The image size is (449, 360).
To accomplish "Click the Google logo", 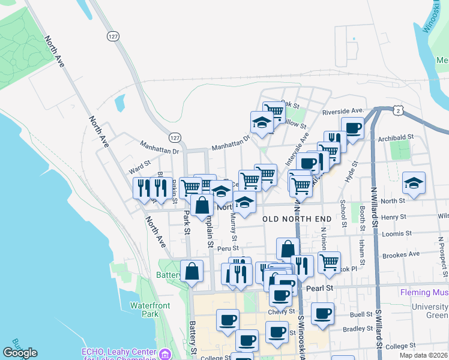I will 20,353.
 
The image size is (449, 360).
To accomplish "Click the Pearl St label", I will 319,288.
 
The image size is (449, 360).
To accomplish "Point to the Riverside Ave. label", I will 343,111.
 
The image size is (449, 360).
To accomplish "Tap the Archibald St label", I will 396,137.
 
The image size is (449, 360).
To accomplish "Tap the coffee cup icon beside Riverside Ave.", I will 352,127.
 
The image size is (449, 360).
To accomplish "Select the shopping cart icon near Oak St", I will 273,110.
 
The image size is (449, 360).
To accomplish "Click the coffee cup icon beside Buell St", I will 322,313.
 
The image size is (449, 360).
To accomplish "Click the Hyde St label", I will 350,175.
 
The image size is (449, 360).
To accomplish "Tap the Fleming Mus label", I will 424,293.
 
